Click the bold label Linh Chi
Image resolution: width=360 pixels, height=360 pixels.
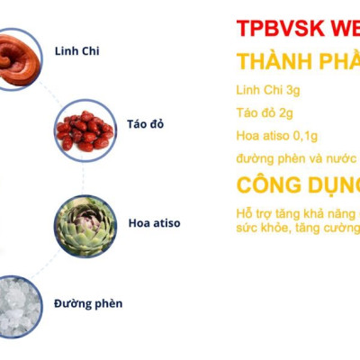pos(76,51)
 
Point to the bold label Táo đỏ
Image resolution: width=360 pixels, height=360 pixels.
pos(145,123)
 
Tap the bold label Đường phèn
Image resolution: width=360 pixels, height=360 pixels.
pos(88,303)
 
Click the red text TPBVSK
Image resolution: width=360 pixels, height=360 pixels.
pos(270,28)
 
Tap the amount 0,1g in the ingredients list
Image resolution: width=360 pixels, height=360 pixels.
pos(301,136)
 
